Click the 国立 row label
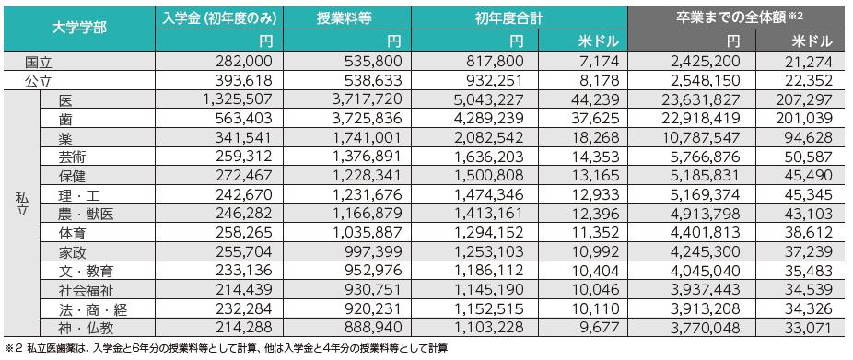tap(40, 63)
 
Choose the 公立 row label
tap(40, 80)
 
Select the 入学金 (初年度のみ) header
tap(217, 17)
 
